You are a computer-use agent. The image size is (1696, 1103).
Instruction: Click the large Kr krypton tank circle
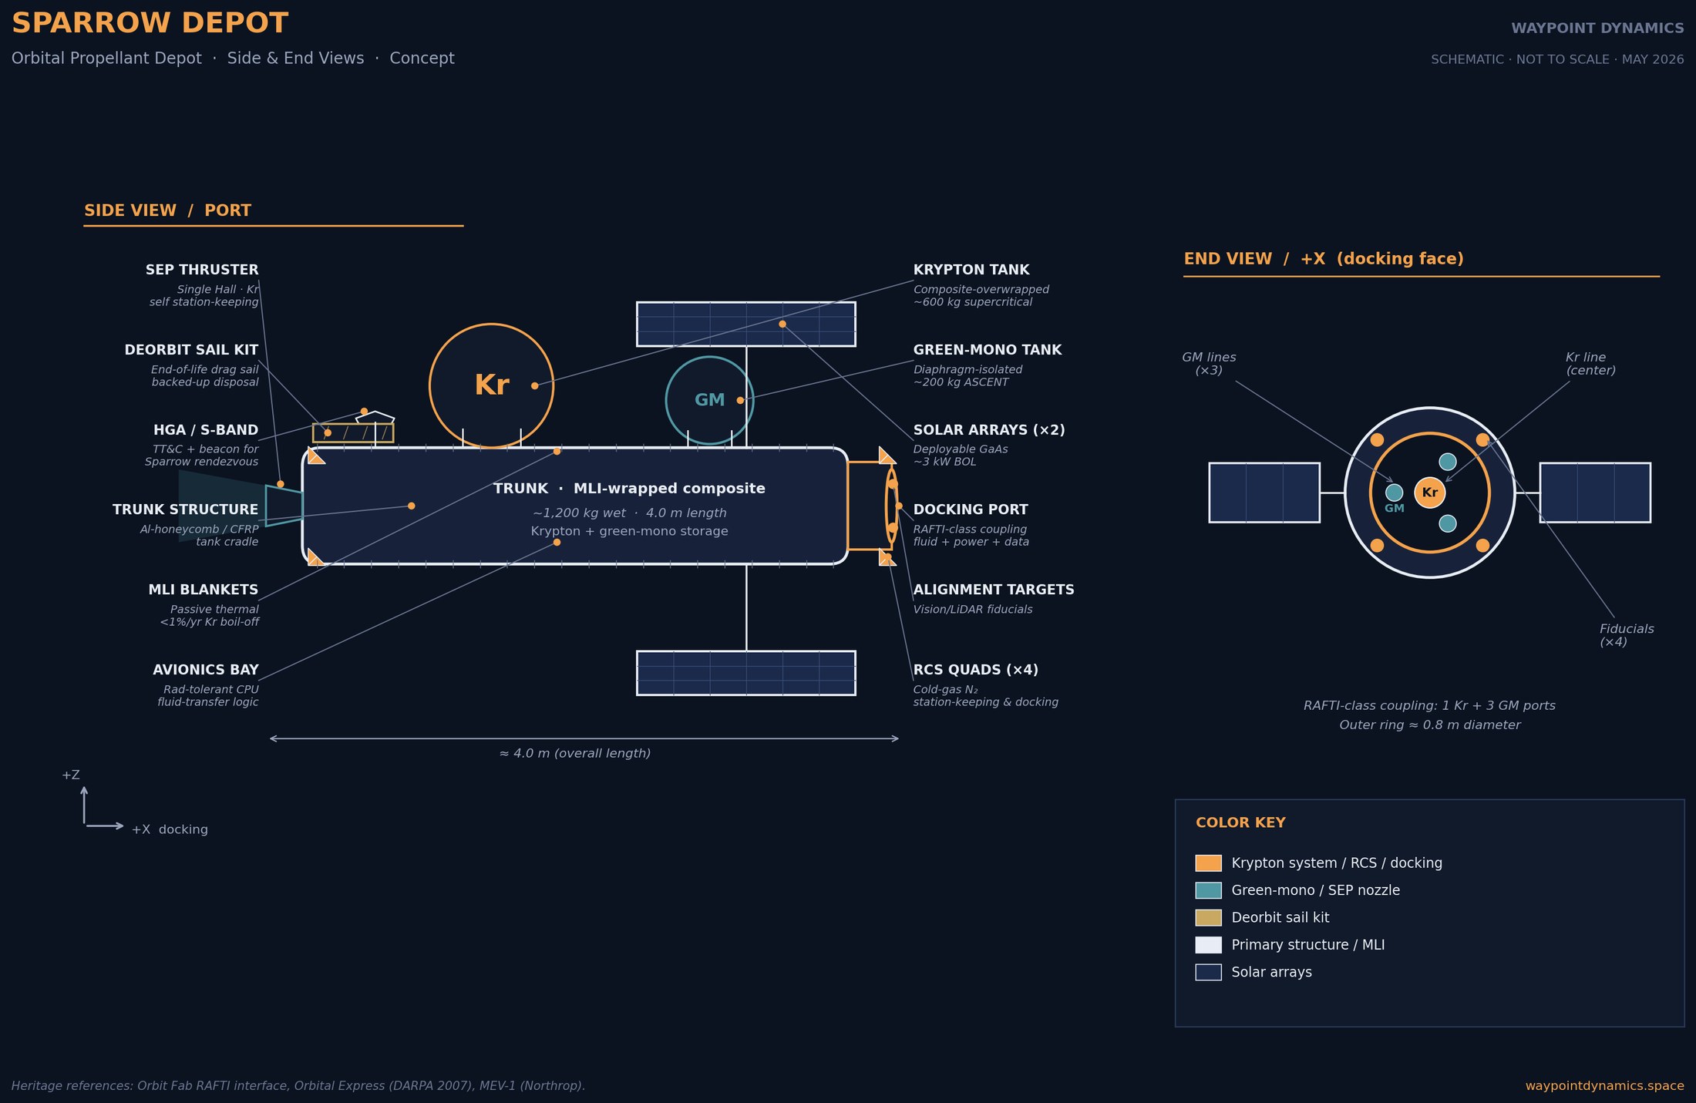point(430,385)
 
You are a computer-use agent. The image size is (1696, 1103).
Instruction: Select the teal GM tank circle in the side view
point(667,400)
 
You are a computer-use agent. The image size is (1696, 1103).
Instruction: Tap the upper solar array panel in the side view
point(745,324)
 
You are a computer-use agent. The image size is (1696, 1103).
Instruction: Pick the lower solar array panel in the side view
point(745,673)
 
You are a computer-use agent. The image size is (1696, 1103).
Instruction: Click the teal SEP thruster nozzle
point(284,506)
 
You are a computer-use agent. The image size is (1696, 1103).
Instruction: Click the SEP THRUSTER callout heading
point(202,270)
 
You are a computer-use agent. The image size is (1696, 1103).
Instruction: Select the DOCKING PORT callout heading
point(971,509)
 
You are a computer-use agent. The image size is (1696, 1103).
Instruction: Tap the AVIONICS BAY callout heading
point(206,670)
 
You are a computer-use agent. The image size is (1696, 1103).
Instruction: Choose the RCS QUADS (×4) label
point(976,670)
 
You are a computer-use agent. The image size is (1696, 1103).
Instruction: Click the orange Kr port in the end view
point(1430,493)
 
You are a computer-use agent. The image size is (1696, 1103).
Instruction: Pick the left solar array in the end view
point(1264,493)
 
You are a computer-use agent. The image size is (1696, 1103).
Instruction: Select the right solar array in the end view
point(1595,493)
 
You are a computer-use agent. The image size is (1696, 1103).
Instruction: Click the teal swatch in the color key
point(1208,890)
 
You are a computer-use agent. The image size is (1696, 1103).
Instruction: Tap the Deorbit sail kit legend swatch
point(1208,917)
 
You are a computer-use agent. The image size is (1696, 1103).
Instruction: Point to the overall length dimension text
point(575,753)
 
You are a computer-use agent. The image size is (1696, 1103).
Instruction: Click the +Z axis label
point(71,775)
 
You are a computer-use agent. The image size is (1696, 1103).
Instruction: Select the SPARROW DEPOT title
point(150,23)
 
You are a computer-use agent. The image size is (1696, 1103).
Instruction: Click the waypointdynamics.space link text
point(1604,1085)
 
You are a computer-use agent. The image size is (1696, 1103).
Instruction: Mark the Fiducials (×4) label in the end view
point(1627,635)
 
